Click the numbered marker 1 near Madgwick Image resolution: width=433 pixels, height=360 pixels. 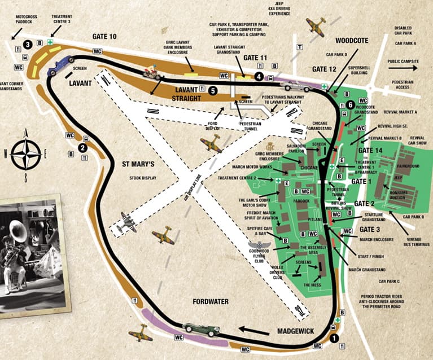point(334,339)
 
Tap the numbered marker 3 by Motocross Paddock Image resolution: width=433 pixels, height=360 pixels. point(27,44)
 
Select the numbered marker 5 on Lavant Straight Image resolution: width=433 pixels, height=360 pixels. point(212,90)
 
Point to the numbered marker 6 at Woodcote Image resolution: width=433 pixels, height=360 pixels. point(351,104)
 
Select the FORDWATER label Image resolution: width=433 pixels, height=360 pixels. point(209,302)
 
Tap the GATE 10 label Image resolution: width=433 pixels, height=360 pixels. point(104,37)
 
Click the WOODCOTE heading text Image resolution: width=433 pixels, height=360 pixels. point(351,41)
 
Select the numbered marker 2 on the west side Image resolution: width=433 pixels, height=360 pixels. point(82,148)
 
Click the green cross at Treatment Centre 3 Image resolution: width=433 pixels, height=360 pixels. point(51,42)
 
